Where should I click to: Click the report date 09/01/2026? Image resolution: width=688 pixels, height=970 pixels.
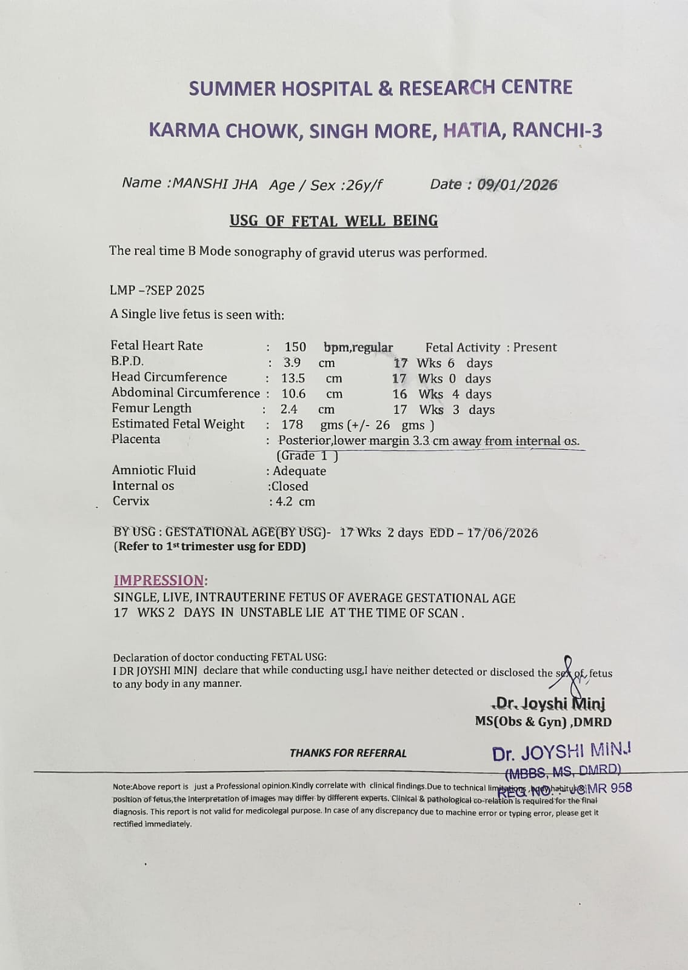click(x=517, y=185)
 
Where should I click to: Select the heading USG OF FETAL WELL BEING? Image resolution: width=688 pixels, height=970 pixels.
click(x=333, y=221)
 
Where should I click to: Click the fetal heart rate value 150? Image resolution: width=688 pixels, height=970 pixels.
click(x=295, y=347)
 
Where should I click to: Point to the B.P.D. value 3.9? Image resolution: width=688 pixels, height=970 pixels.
click(x=292, y=363)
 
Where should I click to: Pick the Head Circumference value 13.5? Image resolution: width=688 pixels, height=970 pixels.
click(x=293, y=378)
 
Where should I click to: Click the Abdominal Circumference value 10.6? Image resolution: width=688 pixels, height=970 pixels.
click(x=294, y=394)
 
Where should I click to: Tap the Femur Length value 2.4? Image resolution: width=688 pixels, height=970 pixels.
click(x=289, y=409)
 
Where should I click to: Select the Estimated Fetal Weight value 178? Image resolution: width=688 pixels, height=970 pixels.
click(x=292, y=424)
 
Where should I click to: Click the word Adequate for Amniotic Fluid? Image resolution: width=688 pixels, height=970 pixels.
click(x=299, y=471)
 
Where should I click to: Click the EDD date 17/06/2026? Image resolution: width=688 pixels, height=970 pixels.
click(x=503, y=533)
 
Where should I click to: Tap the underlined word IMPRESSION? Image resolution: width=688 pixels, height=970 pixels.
click(x=159, y=580)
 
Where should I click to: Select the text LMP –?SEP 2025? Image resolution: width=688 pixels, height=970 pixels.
click(x=157, y=290)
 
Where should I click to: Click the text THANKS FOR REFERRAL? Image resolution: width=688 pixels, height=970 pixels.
click(x=348, y=753)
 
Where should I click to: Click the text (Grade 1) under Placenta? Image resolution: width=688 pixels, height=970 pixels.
click(x=307, y=456)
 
